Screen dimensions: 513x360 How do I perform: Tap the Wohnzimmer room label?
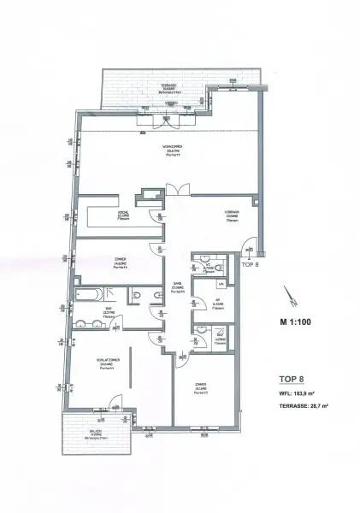[173, 150]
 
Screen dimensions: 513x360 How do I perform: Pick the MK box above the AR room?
[221, 283]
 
